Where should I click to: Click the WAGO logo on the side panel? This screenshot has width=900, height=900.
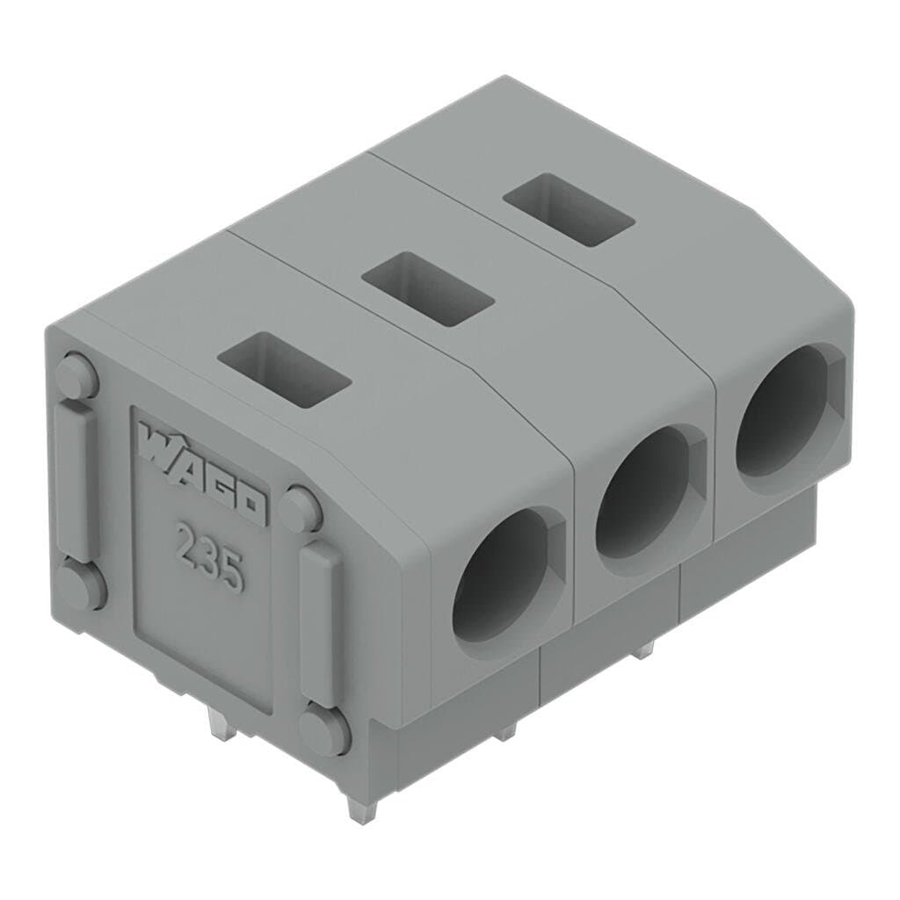click(201, 474)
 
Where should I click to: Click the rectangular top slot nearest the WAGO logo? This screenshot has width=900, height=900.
click(283, 373)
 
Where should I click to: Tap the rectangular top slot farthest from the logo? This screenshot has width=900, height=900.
click(568, 210)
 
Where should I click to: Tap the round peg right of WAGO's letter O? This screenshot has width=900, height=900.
click(301, 509)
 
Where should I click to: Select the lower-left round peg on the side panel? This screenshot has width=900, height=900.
click(81, 587)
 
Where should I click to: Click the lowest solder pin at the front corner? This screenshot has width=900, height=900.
click(358, 803)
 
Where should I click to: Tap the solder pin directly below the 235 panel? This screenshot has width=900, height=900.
click(216, 724)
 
